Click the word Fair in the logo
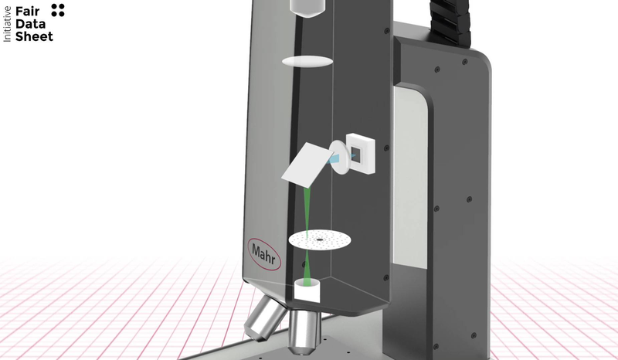click(27, 12)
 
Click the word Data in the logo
click(30, 24)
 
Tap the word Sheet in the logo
click(34, 36)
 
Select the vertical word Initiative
click(7, 24)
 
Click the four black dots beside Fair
click(58, 10)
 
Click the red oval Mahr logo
click(264, 254)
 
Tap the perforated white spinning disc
click(320, 239)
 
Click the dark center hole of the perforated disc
click(319, 239)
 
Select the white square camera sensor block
click(360, 154)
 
